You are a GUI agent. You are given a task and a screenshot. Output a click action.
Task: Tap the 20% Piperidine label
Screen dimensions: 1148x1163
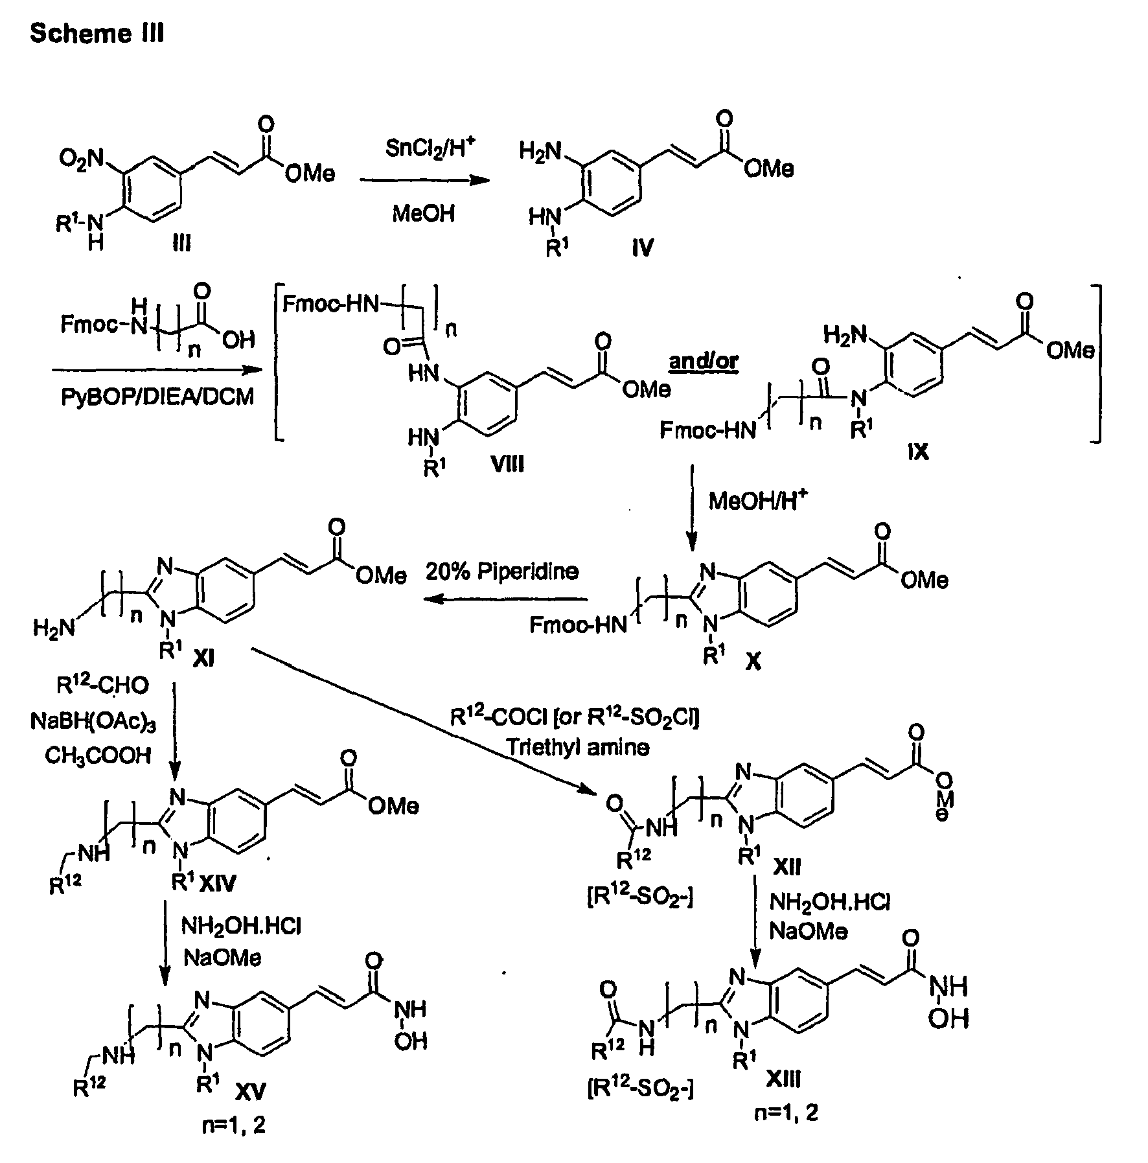tap(502, 571)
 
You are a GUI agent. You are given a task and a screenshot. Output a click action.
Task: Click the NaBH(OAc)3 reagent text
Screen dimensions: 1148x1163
tap(93, 720)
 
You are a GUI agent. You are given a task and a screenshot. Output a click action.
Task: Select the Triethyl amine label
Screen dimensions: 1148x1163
tap(579, 747)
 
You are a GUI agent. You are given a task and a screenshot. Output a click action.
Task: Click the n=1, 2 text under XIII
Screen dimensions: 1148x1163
tap(786, 1113)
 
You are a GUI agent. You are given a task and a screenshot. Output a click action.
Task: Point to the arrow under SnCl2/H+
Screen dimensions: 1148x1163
tap(424, 181)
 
